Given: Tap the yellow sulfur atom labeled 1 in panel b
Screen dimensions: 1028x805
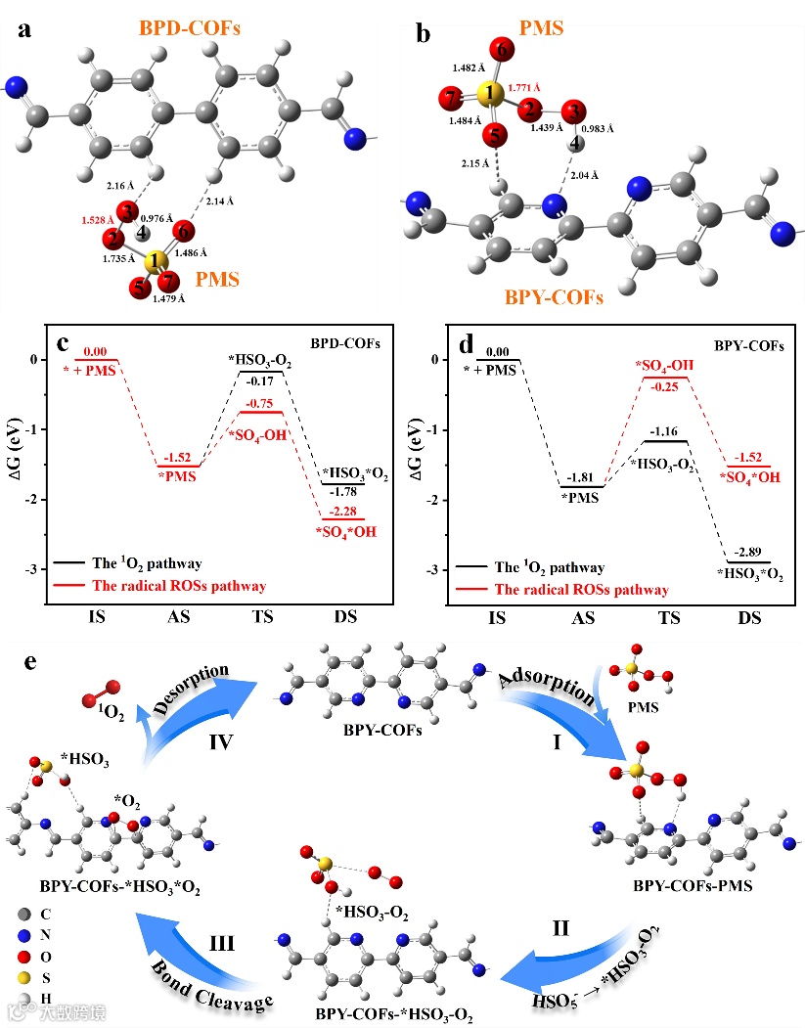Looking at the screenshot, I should click(492, 95).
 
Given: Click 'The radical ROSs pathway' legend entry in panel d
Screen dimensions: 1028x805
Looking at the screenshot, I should click(582, 590).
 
